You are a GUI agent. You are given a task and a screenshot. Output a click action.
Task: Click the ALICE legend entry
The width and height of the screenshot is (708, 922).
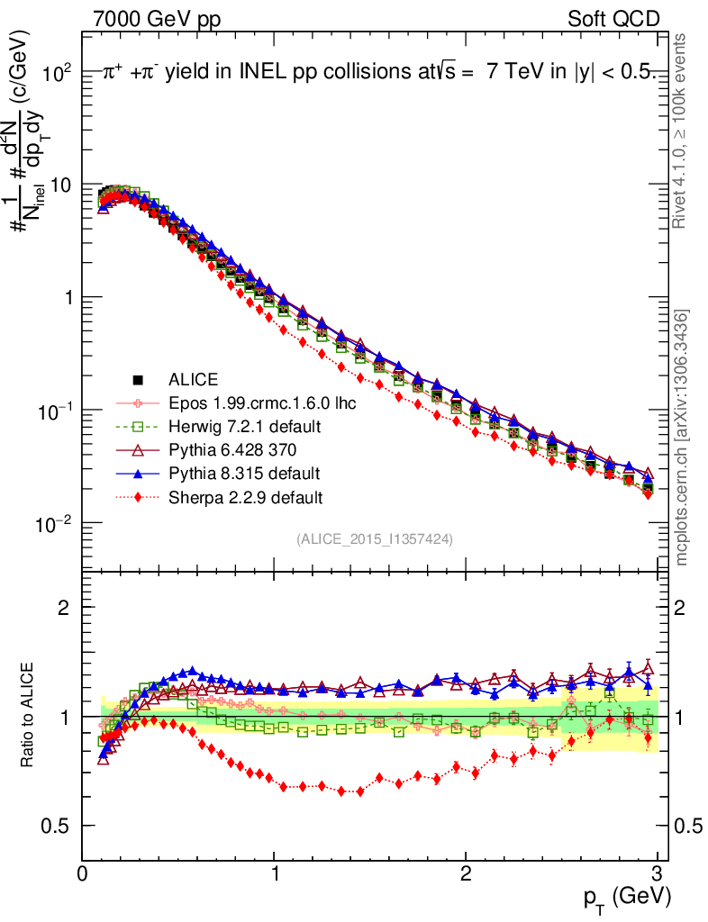193,380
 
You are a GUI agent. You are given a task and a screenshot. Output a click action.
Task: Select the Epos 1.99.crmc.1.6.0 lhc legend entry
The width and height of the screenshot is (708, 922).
260,403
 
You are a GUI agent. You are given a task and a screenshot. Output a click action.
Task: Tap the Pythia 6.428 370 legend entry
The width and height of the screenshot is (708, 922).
230,449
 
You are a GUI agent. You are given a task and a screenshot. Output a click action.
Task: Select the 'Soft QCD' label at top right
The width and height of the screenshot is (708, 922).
613,19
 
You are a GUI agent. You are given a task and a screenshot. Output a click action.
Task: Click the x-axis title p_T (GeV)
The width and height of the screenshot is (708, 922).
625,897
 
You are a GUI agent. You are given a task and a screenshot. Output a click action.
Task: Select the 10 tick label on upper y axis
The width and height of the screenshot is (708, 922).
59,185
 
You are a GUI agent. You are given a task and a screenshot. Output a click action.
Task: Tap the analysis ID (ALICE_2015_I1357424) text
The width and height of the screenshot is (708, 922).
374,538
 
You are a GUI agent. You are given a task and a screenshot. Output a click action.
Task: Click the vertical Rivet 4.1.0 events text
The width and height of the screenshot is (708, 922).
682,131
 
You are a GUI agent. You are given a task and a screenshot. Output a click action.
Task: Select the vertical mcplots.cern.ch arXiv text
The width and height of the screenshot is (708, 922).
682,437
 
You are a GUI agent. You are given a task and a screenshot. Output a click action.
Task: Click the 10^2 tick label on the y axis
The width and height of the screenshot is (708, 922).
57,72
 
